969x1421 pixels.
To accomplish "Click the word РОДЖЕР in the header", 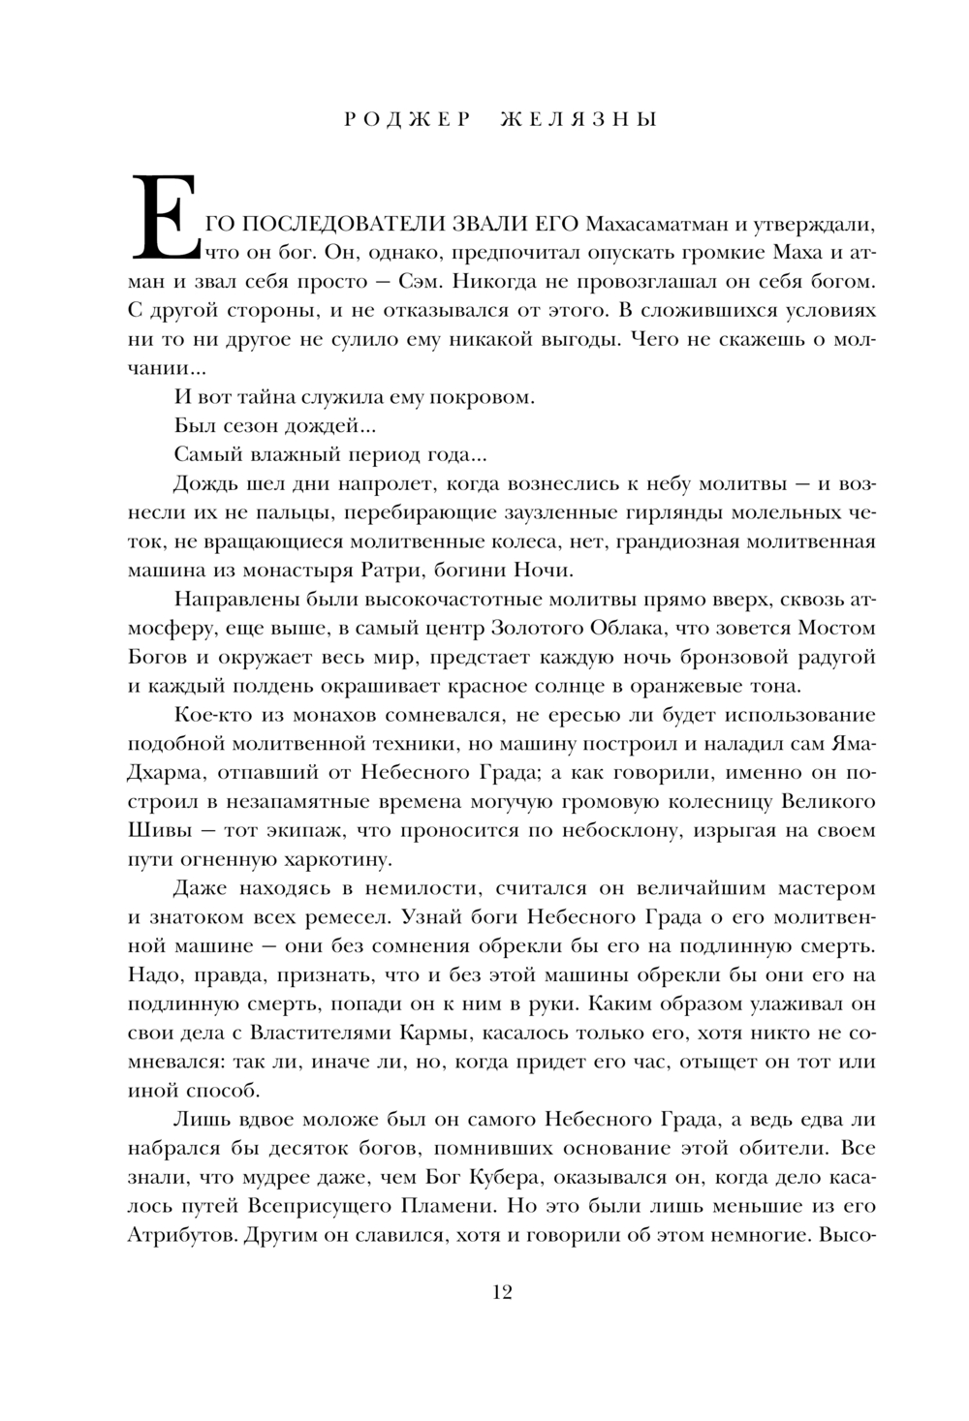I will (407, 120).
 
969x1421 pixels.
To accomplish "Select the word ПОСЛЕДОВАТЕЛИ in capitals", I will (344, 225).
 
